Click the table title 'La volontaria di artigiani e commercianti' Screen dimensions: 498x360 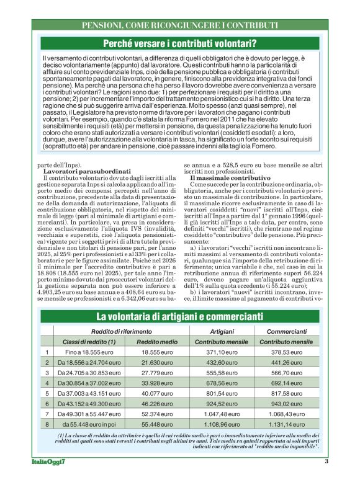click(179, 318)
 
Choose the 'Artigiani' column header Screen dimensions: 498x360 click(222, 332)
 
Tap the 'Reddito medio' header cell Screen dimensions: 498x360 click(156, 342)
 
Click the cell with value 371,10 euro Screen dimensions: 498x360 click(222, 352)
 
